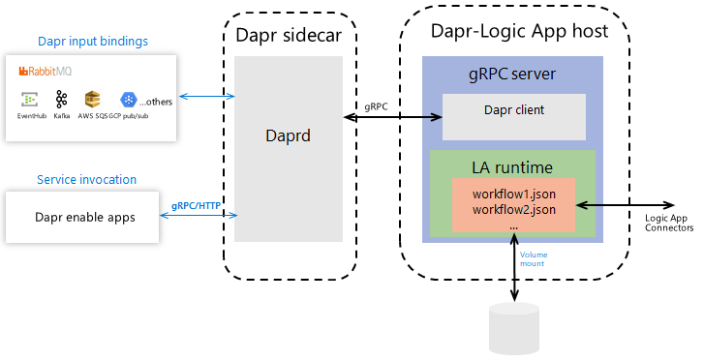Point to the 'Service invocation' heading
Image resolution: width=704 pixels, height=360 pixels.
pos(86,180)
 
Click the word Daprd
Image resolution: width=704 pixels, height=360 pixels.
pos(289,135)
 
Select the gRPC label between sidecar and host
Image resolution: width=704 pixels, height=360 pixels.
pos(377,106)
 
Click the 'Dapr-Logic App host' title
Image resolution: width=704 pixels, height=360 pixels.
pos(518,31)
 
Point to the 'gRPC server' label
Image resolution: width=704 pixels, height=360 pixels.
pos(513,75)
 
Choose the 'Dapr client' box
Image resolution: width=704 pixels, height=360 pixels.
pos(513,110)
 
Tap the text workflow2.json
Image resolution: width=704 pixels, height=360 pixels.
pos(513,209)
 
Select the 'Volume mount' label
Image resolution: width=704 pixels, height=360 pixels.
pos(534,258)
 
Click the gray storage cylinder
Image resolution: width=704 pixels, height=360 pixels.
pos(514,329)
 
